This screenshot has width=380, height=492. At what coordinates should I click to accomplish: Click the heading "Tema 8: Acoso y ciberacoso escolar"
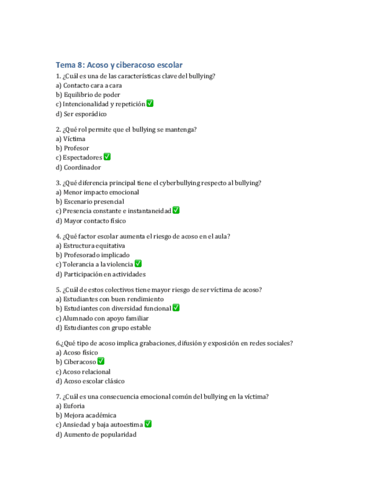[119, 65]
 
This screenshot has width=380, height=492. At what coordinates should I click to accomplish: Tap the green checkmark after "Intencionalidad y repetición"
[150, 104]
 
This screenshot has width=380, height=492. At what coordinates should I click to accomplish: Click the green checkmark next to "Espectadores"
[107, 157]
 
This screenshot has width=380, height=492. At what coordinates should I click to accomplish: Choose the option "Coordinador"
[82, 168]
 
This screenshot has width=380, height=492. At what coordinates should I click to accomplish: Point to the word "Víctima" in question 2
[74, 139]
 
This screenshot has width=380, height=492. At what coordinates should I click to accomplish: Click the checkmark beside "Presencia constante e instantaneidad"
[176, 211]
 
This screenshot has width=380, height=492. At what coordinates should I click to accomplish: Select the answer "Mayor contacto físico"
[94, 221]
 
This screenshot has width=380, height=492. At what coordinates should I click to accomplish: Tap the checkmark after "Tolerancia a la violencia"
[138, 264]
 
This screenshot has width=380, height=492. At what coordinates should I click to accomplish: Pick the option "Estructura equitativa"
[93, 246]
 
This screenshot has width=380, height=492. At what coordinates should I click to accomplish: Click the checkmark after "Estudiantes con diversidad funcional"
[176, 308]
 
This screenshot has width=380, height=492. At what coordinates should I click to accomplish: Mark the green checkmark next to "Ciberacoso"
[101, 361]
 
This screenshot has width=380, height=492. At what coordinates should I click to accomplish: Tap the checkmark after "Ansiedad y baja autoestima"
[148, 424]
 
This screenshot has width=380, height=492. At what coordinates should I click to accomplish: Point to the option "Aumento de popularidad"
[100, 435]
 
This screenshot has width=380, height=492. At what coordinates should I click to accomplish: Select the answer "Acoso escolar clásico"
[93, 382]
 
